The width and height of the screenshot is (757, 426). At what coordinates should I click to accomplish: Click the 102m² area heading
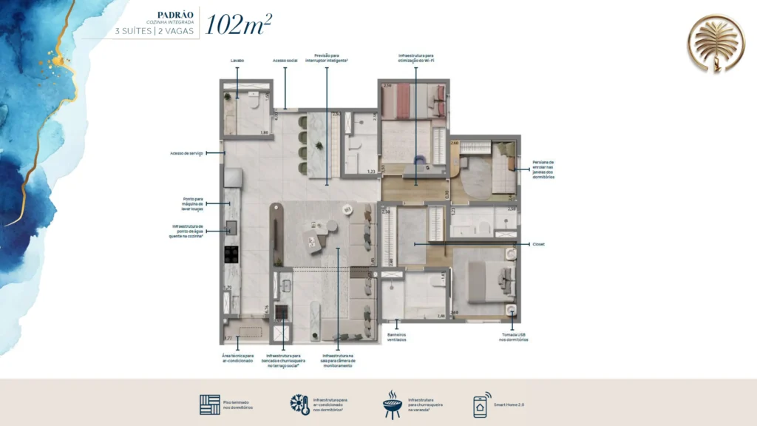[239, 24]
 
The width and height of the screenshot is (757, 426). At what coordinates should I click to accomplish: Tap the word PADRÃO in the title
[177, 13]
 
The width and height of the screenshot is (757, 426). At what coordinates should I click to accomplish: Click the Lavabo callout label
[237, 61]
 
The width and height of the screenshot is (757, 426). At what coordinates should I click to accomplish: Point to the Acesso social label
[285, 61]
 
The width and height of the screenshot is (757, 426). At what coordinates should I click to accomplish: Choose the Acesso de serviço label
[186, 154]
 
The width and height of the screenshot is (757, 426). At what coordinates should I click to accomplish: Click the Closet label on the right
[537, 243]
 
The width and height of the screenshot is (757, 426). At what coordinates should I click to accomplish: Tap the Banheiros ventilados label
[398, 337]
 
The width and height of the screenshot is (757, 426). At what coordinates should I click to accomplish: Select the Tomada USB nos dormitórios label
[513, 337]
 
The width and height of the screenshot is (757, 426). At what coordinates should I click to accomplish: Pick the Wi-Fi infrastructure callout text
[416, 58]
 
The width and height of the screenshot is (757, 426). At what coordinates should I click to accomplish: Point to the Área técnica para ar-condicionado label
[238, 358]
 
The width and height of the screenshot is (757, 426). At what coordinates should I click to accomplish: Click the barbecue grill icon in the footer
[392, 405]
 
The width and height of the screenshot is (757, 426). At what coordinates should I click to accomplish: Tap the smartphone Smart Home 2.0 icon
[482, 405]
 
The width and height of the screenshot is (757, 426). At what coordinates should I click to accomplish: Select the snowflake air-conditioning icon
[299, 405]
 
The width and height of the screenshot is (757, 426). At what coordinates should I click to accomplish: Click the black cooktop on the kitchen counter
[231, 254]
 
